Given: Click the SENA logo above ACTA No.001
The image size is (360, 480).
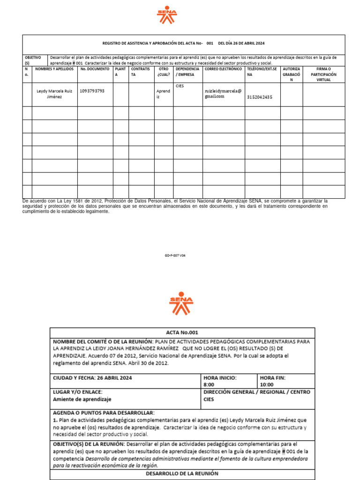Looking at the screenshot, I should (180, 304).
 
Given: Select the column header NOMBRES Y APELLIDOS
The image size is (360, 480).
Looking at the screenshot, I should (54, 69).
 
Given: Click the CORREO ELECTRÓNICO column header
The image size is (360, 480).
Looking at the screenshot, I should (223, 69).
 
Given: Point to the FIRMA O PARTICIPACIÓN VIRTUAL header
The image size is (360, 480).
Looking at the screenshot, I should (323, 74).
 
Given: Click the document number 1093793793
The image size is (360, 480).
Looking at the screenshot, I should (92, 91).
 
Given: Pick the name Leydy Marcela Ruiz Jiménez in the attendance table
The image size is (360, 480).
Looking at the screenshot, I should (54, 94).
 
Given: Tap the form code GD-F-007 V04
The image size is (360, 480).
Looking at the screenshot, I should (175, 256).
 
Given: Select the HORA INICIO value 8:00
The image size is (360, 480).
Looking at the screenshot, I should (209, 384).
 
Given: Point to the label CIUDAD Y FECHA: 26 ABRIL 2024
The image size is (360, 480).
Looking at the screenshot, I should (92, 378).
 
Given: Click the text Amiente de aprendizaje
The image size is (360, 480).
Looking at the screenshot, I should (82, 399).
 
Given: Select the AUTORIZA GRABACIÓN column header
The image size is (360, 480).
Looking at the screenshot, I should (291, 74).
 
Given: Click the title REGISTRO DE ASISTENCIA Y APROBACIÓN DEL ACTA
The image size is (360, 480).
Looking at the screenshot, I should (152, 43).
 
